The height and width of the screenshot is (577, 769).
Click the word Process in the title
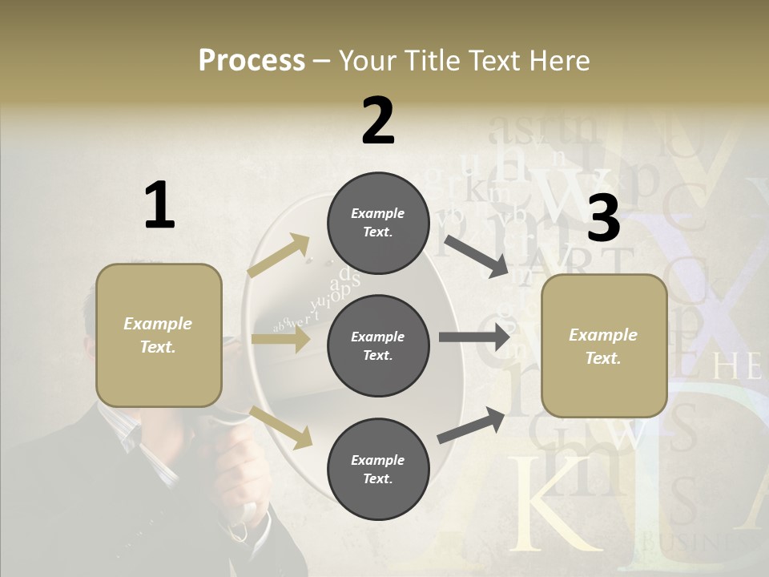pos(252,61)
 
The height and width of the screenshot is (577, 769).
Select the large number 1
pos(159,205)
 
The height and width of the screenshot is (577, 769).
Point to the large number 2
pos(378,121)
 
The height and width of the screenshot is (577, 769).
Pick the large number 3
pos(604,219)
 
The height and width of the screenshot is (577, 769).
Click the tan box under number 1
pos(159,335)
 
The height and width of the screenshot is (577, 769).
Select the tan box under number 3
pos(604,346)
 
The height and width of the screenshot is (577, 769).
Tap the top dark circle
pos(378,223)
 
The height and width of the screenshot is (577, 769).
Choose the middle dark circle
pos(378,345)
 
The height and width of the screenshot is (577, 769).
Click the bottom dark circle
pos(378,469)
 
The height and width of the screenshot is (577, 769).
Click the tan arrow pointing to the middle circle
pos(280,339)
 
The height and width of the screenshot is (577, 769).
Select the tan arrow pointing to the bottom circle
pos(281,427)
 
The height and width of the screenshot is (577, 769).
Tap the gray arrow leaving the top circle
pos(477,256)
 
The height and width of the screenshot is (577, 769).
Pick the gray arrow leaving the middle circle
pos(474,337)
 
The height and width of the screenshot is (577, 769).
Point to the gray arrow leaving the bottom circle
pos(472,425)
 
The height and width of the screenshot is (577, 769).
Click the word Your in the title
pos(368,61)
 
